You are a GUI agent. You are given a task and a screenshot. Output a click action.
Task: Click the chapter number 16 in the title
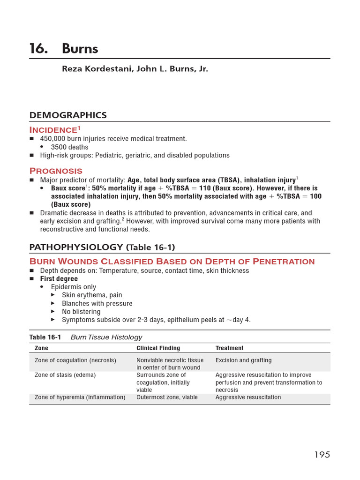pyautogui.click(x=37, y=49)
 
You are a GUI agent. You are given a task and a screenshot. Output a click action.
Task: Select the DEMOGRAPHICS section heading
pyautogui.click(x=67, y=115)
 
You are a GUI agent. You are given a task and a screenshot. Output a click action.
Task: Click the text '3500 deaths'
pyautogui.click(x=70, y=147)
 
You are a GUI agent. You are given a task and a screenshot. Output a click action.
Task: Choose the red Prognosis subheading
pyautogui.click(x=56, y=171)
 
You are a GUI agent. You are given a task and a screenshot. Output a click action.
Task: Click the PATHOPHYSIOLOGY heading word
pyautogui.click(x=76, y=247)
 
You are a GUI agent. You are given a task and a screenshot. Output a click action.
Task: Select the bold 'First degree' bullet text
pyautogui.click(x=59, y=279)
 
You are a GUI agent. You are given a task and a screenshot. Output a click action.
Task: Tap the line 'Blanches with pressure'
pyautogui.click(x=97, y=303)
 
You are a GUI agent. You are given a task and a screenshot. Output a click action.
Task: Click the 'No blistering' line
pyautogui.click(x=81, y=312)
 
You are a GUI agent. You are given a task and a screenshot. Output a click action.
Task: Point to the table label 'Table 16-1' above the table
pyautogui.click(x=45, y=337)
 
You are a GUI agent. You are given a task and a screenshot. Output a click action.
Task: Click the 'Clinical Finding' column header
pyautogui.click(x=158, y=348)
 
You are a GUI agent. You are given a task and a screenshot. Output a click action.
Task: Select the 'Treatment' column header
pyautogui.click(x=229, y=348)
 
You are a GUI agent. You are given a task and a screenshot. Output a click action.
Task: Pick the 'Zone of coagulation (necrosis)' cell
pyautogui.click(x=75, y=360)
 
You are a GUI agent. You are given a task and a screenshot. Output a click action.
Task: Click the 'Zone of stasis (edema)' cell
pyautogui.click(x=65, y=375)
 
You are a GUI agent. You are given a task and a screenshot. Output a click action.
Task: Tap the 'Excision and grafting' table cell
pyautogui.click(x=243, y=360)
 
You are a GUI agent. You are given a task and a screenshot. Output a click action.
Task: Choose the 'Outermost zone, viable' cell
pyautogui.click(x=167, y=397)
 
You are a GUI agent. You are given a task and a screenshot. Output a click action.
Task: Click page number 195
pyautogui.click(x=322, y=455)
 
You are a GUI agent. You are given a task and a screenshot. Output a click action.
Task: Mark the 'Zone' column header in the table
pyautogui.click(x=41, y=348)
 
